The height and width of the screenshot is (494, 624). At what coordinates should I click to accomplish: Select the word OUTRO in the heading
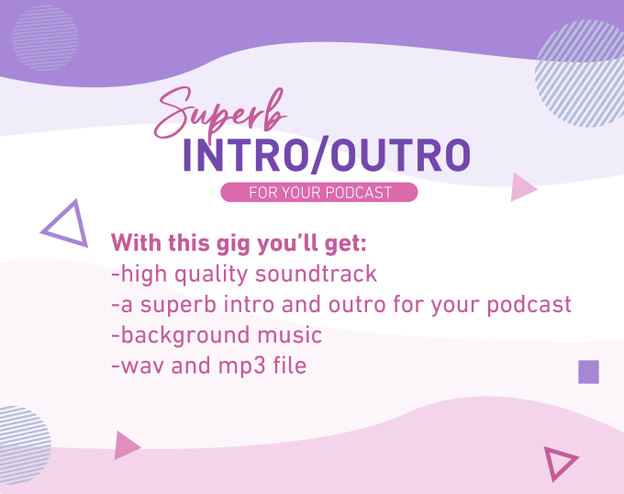[401, 155]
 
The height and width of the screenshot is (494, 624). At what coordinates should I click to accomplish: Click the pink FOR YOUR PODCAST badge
[319, 192]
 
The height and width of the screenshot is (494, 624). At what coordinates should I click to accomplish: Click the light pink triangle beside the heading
[523, 187]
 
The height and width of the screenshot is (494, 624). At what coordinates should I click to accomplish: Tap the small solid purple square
[588, 372]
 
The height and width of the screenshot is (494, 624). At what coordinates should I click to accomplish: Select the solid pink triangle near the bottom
[127, 445]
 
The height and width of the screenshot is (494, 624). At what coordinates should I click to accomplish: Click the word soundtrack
[316, 274]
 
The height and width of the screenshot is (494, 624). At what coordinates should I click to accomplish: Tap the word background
[184, 336]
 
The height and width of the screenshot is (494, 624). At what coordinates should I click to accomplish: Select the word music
[290, 335]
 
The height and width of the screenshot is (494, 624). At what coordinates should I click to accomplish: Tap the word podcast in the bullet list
[529, 306]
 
